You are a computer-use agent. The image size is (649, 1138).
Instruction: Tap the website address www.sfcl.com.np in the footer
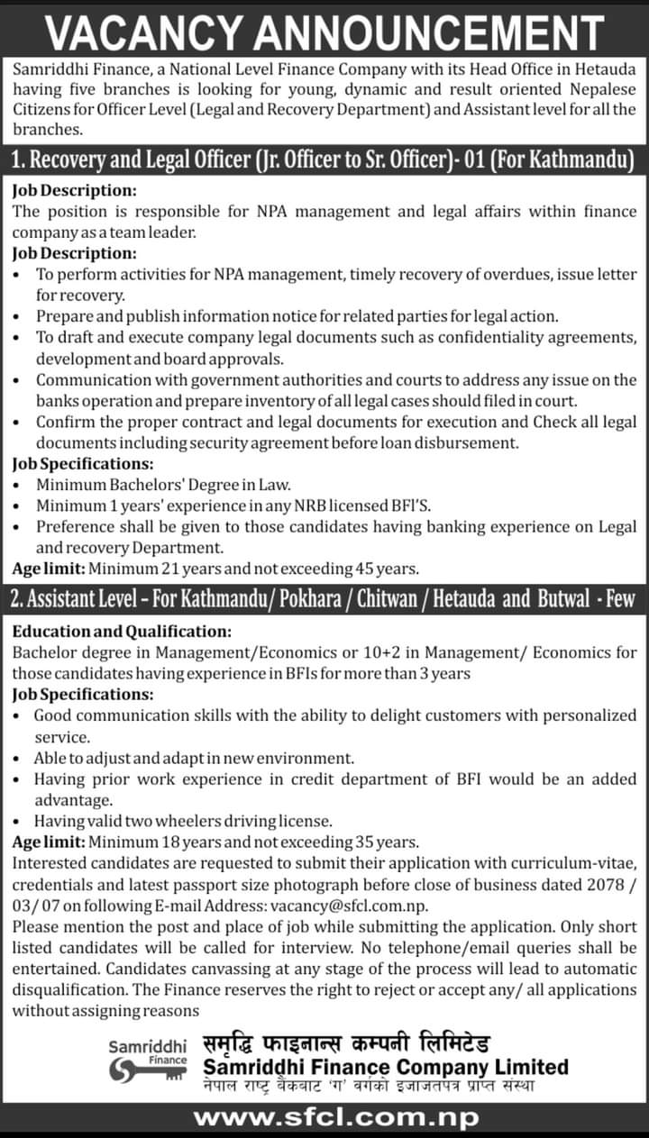(337, 1118)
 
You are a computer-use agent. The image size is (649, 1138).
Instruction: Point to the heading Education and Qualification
(122, 632)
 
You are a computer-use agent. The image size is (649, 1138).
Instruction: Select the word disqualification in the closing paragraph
(66, 989)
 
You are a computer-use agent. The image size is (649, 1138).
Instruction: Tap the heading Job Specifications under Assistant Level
(83, 695)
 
